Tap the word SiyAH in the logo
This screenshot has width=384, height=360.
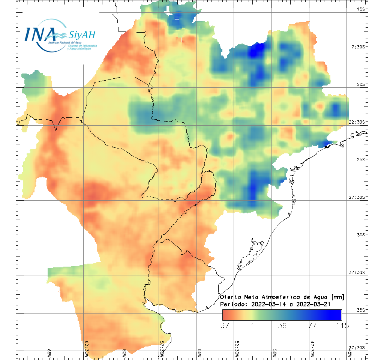(x=82, y=35)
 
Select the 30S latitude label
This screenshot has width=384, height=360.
(x=361, y=235)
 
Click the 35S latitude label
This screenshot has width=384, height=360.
(x=361, y=310)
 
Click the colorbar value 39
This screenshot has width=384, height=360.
(x=282, y=325)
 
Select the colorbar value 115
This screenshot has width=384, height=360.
(x=342, y=325)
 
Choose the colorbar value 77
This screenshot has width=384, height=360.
(x=312, y=325)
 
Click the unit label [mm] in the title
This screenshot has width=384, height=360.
(x=336, y=297)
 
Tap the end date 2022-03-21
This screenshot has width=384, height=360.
(x=313, y=304)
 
